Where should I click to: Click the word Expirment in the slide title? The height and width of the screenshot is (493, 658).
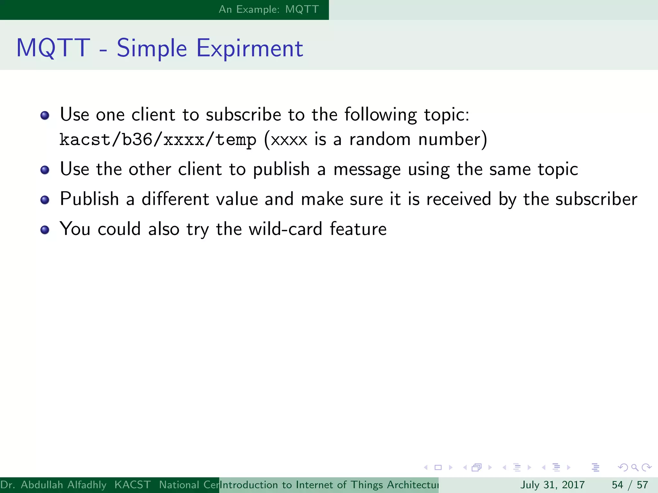click(250, 48)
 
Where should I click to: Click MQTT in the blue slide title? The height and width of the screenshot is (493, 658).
click(53, 48)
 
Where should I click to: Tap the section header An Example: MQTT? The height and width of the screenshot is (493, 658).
click(269, 9)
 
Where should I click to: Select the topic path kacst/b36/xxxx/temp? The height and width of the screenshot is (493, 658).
click(158, 140)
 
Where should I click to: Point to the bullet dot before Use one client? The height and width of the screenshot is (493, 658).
click(45, 116)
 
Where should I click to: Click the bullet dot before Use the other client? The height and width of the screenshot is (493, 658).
click(45, 170)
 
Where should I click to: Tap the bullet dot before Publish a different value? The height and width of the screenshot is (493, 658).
click(45, 200)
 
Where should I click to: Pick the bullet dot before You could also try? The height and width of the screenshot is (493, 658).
click(45, 230)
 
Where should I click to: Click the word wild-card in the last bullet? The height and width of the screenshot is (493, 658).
click(285, 229)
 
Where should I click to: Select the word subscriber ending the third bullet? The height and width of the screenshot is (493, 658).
click(596, 199)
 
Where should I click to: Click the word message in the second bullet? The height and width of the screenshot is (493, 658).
click(367, 170)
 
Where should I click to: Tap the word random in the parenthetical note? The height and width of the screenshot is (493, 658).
click(380, 140)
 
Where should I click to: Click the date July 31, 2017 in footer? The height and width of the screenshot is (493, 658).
click(552, 485)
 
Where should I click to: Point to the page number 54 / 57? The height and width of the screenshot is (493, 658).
click(630, 485)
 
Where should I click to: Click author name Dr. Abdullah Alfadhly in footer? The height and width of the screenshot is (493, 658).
click(53, 485)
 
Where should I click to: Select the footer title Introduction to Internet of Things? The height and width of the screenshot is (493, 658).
click(329, 485)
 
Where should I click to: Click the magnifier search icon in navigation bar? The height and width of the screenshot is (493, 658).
click(635, 468)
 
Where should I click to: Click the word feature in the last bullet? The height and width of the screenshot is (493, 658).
click(358, 229)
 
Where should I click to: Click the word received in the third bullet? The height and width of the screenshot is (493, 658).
click(459, 199)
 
